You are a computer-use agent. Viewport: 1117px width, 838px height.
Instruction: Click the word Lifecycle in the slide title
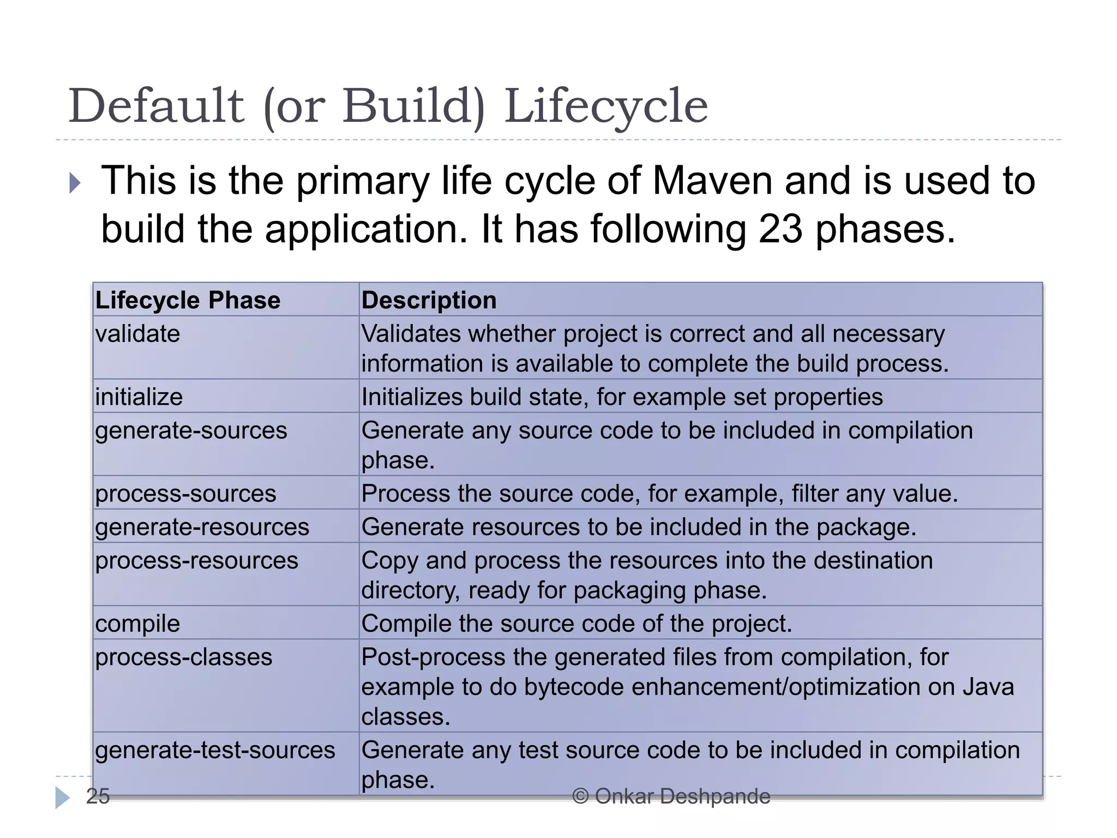point(606,106)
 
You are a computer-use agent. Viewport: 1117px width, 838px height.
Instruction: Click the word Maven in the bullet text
point(712,181)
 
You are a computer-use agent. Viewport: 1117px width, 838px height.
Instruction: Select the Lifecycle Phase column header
point(188,301)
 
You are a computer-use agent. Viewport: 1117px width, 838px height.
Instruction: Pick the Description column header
point(429,301)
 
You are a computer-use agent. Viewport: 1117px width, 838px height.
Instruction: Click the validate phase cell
point(137,334)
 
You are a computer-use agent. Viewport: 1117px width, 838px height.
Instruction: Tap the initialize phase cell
point(139,397)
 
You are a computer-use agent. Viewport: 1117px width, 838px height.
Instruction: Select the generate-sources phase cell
point(191,430)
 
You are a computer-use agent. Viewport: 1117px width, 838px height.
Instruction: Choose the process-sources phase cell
point(185,494)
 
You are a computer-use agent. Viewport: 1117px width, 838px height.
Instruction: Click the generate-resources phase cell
point(202,527)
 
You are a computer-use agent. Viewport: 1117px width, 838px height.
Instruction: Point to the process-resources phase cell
point(196,561)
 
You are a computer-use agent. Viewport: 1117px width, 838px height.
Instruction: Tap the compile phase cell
point(137,624)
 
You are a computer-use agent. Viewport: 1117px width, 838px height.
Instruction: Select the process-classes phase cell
point(183,657)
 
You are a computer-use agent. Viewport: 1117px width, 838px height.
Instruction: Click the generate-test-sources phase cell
point(215,750)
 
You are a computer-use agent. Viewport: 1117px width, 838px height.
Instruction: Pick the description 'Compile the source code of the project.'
point(576,624)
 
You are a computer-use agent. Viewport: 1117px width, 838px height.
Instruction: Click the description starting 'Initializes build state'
point(622,397)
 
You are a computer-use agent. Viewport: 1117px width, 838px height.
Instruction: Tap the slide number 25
point(98,797)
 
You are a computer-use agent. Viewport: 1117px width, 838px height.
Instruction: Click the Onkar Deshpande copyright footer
point(671,797)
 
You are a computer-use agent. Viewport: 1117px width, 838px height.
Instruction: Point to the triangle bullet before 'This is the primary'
point(75,183)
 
